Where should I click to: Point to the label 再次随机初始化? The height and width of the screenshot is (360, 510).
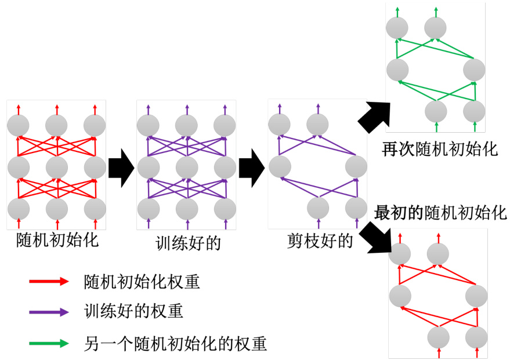[440, 148]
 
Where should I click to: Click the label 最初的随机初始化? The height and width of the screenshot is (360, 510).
[440, 213]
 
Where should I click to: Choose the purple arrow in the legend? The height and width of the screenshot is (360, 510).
[49, 312]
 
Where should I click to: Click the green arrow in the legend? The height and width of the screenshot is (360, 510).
[49, 343]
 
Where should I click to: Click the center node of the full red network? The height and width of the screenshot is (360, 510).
[57, 168]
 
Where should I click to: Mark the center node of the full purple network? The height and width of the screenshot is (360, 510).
[187, 168]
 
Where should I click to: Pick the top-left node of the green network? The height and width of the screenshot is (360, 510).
[398, 27]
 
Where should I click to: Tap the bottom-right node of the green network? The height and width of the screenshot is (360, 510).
[475, 111]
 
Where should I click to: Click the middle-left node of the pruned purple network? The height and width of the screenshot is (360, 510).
[280, 166]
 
